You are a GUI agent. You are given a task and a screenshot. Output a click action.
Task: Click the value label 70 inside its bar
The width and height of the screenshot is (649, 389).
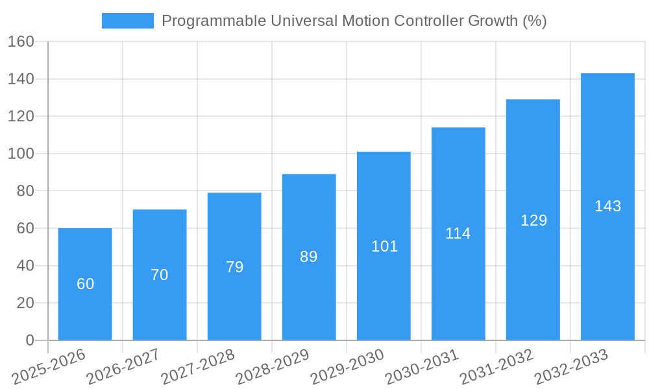pyautogui.click(x=160, y=275)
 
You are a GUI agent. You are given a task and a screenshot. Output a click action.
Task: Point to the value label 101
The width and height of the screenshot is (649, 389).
pyautogui.click(x=384, y=246)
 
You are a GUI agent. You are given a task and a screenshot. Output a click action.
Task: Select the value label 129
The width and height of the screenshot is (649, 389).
pyautogui.click(x=533, y=220)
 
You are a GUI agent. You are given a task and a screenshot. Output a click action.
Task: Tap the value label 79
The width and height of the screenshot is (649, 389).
pyautogui.click(x=234, y=267)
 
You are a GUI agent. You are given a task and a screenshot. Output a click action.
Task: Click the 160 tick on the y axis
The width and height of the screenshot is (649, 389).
pyautogui.click(x=21, y=42)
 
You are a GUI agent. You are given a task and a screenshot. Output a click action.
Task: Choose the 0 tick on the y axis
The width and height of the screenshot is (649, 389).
pyautogui.click(x=29, y=340)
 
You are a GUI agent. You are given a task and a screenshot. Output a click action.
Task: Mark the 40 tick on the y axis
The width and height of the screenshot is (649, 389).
pyautogui.click(x=25, y=266)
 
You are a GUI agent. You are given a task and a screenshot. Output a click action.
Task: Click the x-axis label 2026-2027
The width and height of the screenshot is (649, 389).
pyautogui.click(x=123, y=367)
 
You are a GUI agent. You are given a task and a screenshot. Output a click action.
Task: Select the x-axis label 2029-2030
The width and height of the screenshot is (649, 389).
pyautogui.click(x=347, y=367)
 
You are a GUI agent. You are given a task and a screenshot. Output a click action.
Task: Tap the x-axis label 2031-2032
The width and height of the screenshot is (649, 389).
pyautogui.click(x=496, y=367)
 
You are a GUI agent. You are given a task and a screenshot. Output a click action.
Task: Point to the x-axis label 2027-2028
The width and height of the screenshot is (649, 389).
pyautogui.click(x=197, y=367)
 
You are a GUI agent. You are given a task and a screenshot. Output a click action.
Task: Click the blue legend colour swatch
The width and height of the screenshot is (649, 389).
pyautogui.click(x=128, y=21)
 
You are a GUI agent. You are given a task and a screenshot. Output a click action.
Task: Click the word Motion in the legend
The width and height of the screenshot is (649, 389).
pyautogui.click(x=365, y=21)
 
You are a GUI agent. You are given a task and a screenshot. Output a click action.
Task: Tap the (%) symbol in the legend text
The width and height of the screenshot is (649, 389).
pyautogui.click(x=535, y=21)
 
